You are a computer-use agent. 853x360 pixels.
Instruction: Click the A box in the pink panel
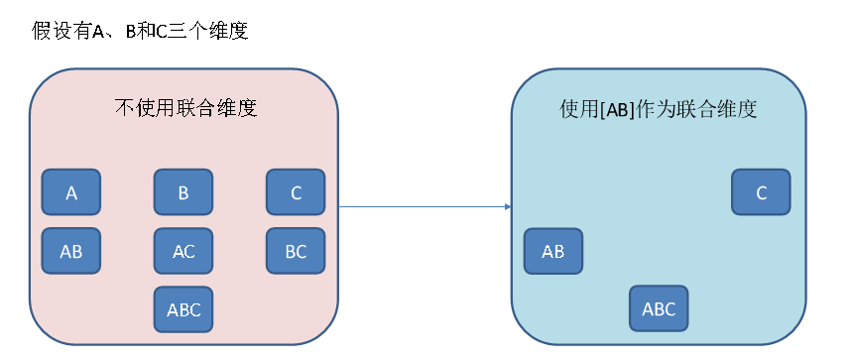click(x=70, y=192)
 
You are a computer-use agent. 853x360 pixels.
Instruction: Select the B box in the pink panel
click(x=183, y=192)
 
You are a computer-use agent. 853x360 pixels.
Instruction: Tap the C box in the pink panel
click(x=296, y=192)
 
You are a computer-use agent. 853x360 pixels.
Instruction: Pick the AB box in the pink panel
click(x=70, y=251)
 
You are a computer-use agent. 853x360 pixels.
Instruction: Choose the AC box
click(x=183, y=251)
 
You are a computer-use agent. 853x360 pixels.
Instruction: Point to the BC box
click(x=296, y=251)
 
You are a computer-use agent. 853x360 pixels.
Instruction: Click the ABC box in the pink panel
click(x=183, y=308)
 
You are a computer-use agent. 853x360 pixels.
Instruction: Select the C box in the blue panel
click(x=761, y=192)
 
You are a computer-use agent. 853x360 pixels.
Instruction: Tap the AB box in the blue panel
click(x=552, y=251)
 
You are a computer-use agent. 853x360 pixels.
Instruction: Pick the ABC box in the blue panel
click(x=659, y=308)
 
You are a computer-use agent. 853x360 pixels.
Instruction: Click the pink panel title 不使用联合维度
click(x=186, y=108)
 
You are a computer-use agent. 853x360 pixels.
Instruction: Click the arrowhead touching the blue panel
click(x=507, y=207)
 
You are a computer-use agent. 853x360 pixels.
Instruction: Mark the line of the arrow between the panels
click(x=422, y=207)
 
